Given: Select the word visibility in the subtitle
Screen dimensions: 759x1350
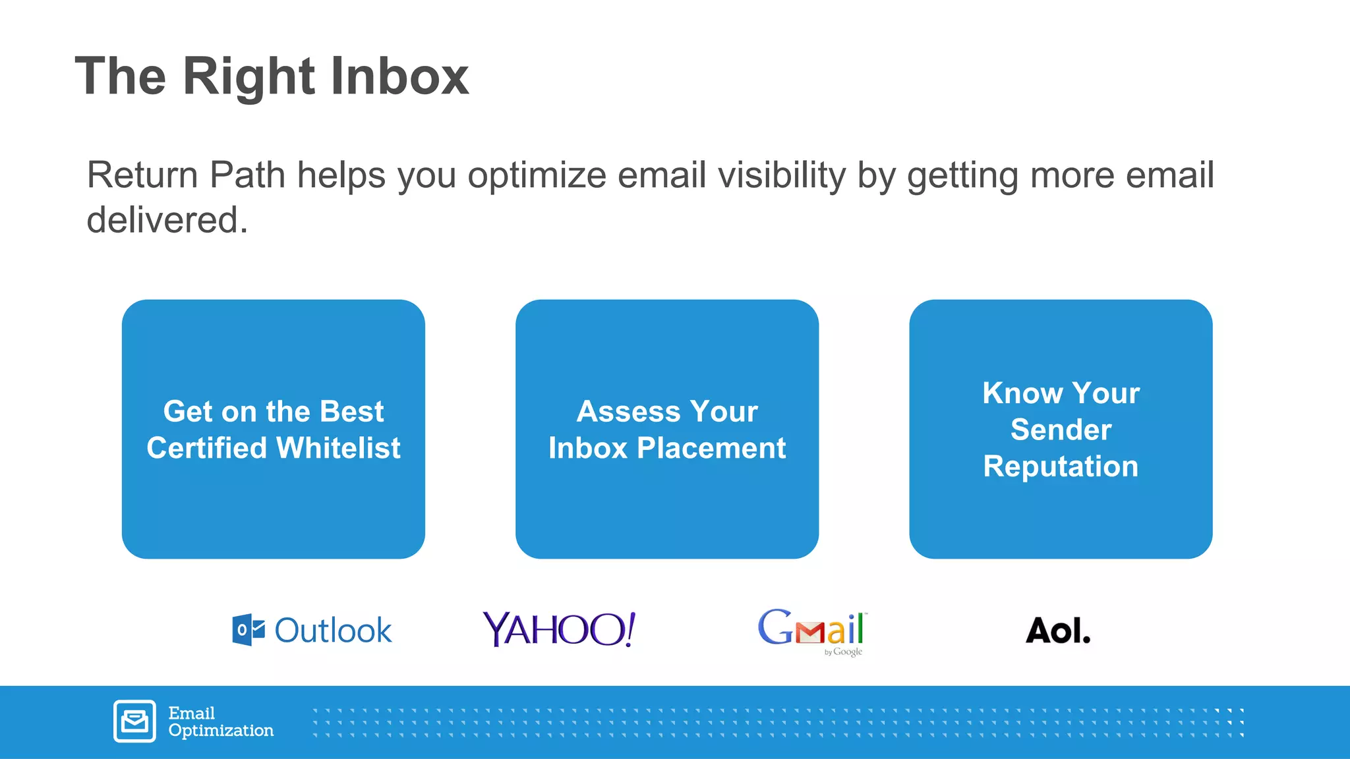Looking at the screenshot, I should [x=781, y=176].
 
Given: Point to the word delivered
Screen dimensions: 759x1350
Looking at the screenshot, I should [x=167, y=220].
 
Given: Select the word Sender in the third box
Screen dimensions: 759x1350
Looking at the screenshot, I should [x=1061, y=430].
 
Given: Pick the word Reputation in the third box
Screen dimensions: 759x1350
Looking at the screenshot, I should [x=1061, y=466].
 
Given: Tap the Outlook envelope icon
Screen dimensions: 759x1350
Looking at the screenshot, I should [x=249, y=630].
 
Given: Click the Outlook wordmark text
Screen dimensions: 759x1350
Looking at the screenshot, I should [x=333, y=631].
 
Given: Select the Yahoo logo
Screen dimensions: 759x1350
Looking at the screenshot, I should [x=559, y=629].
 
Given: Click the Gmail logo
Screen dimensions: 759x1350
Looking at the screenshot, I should [x=811, y=628].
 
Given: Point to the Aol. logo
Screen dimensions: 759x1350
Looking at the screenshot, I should [x=1058, y=631].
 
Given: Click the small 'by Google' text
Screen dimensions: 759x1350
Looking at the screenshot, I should [x=843, y=652].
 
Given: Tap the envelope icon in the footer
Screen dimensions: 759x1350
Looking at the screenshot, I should [x=134, y=721].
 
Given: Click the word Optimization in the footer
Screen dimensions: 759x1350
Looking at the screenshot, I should [x=221, y=731].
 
